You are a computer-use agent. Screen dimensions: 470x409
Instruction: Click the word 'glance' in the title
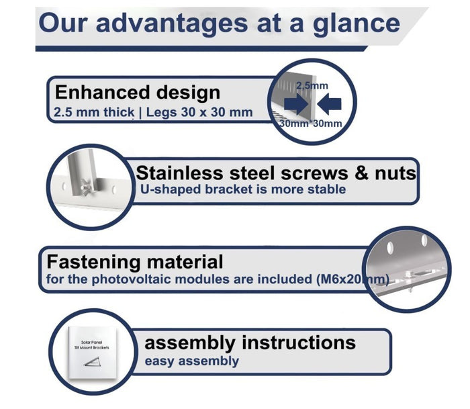pyautogui.click(x=356, y=25)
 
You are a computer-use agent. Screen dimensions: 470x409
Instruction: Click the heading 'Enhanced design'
pyautogui.click(x=138, y=92)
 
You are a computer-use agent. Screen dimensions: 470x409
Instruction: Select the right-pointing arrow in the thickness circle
pyautogui.click(x=296, y=104)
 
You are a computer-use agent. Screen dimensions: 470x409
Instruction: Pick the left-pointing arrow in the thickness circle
pyautogui.click(x=329, y=104)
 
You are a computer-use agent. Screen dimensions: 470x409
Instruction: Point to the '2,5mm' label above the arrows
pyautogui.click(x=312, y=86)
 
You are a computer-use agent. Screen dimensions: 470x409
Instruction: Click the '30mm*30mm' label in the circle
pyautogui.click(x=310, y=124)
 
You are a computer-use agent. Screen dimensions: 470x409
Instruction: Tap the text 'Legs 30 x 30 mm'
pyautogui.click(x=199, y=112)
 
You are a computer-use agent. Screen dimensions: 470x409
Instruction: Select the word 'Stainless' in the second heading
pyautogui.click(x=179, y=173)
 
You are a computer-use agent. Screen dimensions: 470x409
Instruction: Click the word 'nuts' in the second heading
pyautogui.click(x=395, y=173)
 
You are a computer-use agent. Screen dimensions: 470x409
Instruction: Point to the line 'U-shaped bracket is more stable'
pyautogui.click(x=243, y=189)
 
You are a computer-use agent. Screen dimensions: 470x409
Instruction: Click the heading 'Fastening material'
pyautogui.click(x=135, y=262)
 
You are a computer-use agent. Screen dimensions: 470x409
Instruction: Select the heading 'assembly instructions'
pyautogui.click(x=250, y=343)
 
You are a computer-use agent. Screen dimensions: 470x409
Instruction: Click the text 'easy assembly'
pyautogui.click(x=192, y=361)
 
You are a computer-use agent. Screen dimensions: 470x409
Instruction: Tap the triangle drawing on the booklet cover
pyautogui.click(x=92, y=362)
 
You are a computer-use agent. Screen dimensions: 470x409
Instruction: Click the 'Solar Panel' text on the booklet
pyautogui.click(x=91, y=342)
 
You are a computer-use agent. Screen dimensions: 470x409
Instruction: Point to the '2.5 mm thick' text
pyautogui.click(x=94, y=112)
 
